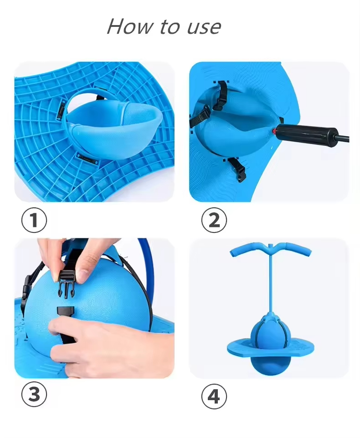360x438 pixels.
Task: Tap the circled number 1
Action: (34, 221)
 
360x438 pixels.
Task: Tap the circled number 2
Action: (214, 221)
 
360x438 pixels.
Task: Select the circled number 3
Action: (34, 395)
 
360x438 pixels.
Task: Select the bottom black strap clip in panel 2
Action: (236, 169)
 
